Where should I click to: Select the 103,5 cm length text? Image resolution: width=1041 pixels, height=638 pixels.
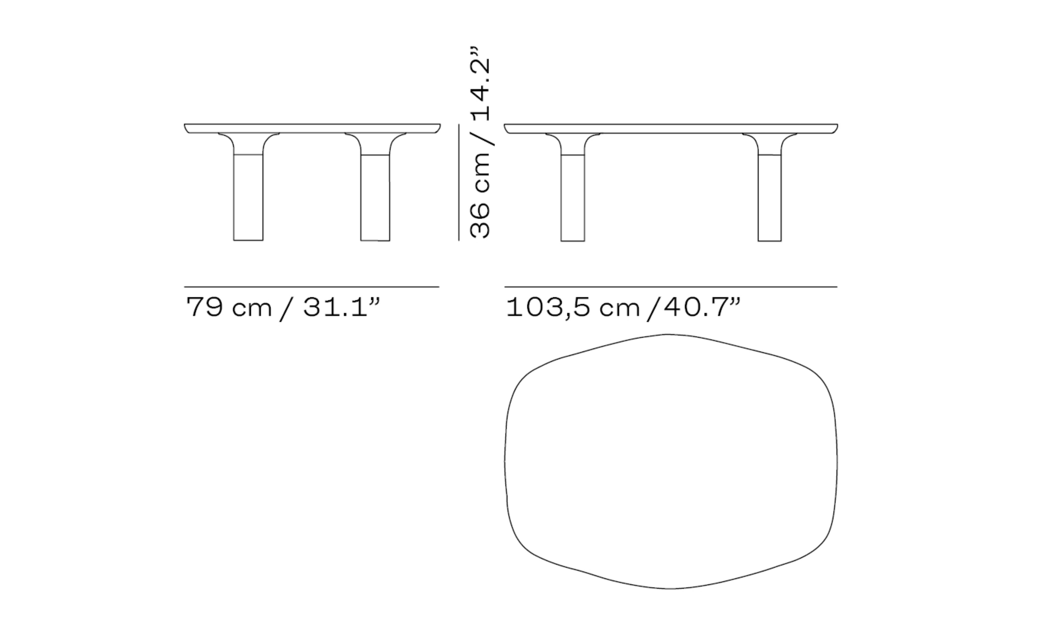(x=573, y=307)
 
